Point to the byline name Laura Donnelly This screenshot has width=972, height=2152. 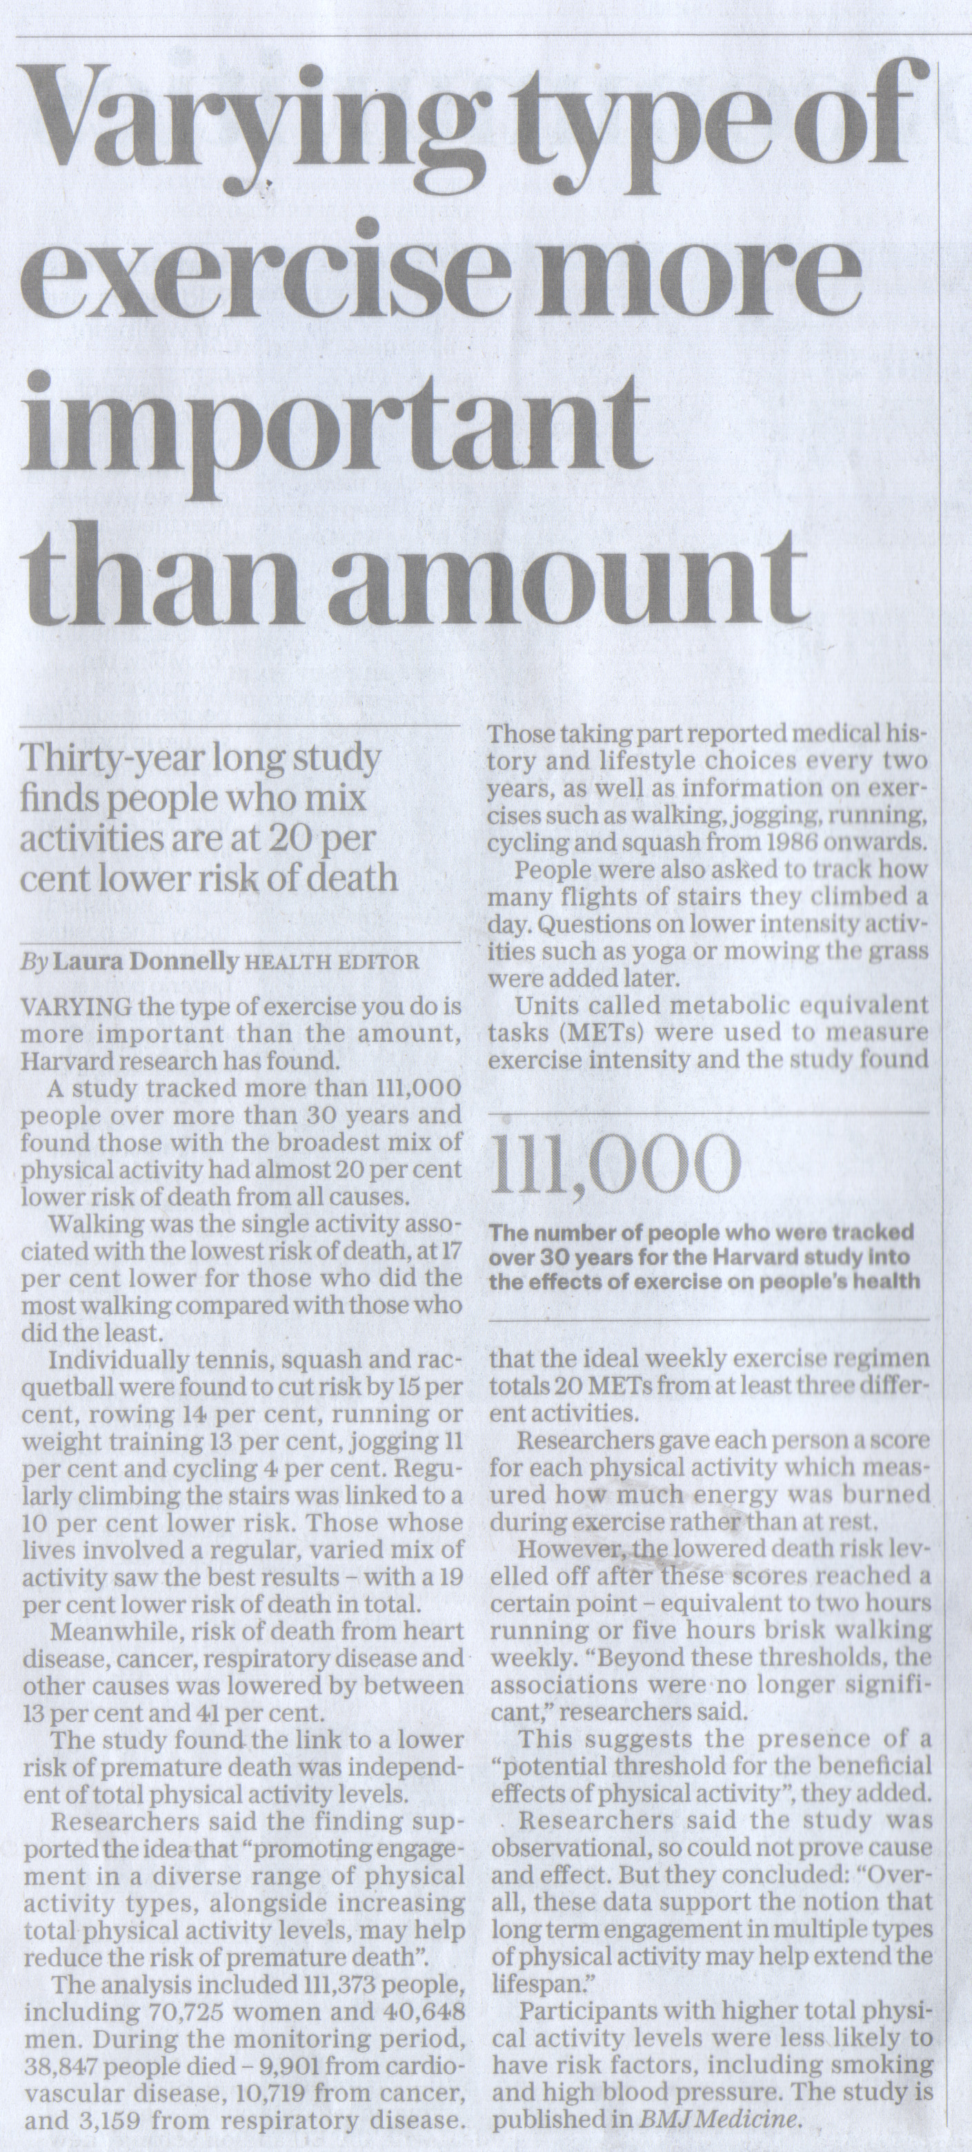(146, 962)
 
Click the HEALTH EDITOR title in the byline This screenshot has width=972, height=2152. (330, 963)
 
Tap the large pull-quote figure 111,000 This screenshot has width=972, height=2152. (615, 1166)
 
